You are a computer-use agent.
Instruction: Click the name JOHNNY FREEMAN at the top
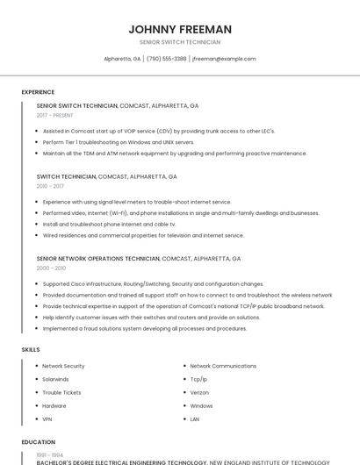[180, 29]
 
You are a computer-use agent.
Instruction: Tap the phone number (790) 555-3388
[166, 59]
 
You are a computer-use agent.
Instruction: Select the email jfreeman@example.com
[224, 59]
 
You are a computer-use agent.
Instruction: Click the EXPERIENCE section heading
[38, 91]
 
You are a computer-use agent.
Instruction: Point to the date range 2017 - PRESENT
[55, 116]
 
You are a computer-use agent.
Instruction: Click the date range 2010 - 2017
[50, 186]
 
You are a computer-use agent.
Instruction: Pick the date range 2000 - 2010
[51, 268]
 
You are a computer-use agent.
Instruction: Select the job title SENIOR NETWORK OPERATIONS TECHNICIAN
[98, 259]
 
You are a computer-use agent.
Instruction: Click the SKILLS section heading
[31, 349]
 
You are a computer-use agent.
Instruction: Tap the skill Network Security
[63, 366]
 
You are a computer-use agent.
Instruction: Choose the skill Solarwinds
[55, 379]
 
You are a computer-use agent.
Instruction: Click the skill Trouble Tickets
[61, 392]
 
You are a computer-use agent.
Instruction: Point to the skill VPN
[48, 419]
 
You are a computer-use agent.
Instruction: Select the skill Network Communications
[223, 366]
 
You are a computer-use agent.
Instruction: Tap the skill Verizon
[199, 392]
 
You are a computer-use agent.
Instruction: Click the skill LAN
[195, 419]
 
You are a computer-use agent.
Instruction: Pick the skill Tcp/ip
[198, 379]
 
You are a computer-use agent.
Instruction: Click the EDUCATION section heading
[38, 442]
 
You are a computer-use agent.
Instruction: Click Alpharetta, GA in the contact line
[122, 59]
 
